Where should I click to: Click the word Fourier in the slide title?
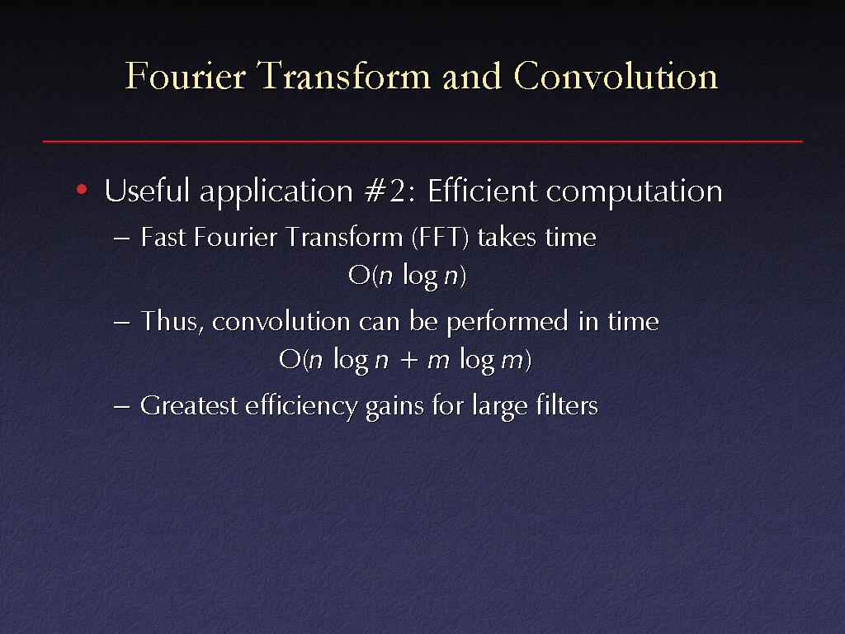click(x=186, y=75)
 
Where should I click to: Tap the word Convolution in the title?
click(x=616, y=75)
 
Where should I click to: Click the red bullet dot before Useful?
click(x=82, y=189)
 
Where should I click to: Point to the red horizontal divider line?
click(x=422, y=141)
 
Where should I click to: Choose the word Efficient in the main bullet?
click(x=482, y=191)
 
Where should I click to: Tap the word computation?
click(x=635, y=192)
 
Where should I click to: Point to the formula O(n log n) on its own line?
click(x=407, y=276)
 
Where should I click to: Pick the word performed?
click(x=507, y=322)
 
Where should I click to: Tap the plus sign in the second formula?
click(x=409, y=360)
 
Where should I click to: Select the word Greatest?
click(x=189, y=405)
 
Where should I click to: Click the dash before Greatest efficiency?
click(x=122, y=406)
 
